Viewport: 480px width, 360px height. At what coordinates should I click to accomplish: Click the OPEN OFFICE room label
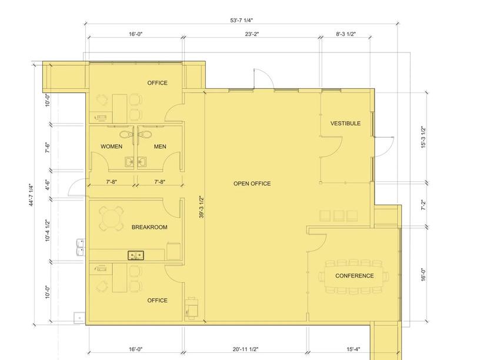tap(252, 184)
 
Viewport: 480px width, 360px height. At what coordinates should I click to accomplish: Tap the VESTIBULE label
tap(345, 124)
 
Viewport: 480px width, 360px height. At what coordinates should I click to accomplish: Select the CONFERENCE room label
tap(354, 276)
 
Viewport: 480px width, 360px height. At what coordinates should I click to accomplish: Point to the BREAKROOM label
tap(149, 227)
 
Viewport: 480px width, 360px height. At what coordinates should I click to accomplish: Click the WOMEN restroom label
tap(111, 146)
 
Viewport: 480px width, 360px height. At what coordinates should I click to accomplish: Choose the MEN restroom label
tap(160, 146)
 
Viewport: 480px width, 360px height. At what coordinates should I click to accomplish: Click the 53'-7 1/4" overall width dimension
tap(242, 21)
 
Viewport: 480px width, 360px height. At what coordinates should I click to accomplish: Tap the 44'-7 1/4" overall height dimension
tap(31, 195)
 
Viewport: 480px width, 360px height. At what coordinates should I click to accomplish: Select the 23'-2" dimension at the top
tap(252, 34)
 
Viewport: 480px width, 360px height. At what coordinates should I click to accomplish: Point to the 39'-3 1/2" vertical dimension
tap(201, 207)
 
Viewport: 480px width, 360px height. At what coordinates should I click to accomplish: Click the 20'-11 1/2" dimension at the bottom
tap(245, 349)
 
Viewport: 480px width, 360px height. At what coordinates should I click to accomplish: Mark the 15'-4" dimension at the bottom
tap(354, 349)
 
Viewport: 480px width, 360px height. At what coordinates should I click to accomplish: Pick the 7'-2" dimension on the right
tap(424, 205)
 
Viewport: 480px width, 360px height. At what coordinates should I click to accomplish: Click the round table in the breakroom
tap(111, 219)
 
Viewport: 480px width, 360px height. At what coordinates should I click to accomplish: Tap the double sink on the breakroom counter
tap(136, 255)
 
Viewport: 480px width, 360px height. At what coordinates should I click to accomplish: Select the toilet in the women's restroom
tap(126, 134)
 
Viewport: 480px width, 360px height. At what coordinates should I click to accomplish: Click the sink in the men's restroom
tap(142, 162)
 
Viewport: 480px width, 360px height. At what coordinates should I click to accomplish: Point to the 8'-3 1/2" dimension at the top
tap(346, 34)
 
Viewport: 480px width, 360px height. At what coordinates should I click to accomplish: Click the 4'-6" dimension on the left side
tap(48, 185)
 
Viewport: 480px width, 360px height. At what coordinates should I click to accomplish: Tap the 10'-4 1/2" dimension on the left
tap(48, 230)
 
